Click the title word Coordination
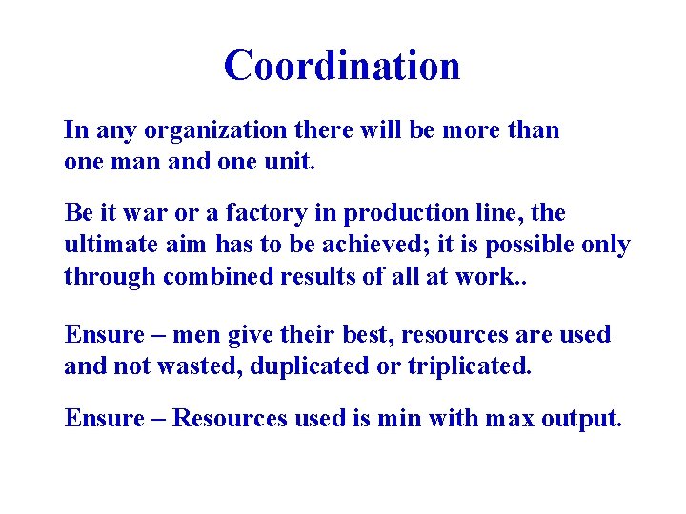(x=342, y=66)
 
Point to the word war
(x=131, y=212)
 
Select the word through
(x=111, y=277)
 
